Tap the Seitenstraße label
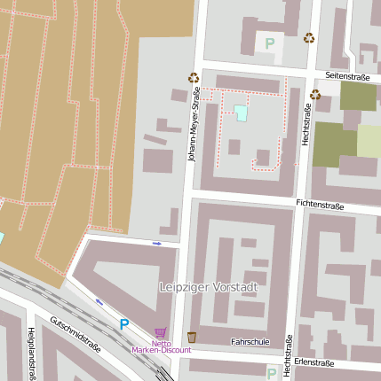[x=346, y=77]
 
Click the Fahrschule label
[x=249, y=341]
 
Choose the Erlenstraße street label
[x=314, y=362]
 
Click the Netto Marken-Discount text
[x=161, y=346]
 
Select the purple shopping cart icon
[x=160, y=332]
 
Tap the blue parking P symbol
[x=124, y=325]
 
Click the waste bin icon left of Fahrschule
[x=192, y=337]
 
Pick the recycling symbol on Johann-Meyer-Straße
[x=194, y=78]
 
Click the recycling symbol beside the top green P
[x=309, y=38]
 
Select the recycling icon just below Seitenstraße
[x=314, y=95]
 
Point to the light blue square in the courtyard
[x=241, y=113]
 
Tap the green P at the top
[x=270, y=43]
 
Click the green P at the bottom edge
[x=271, y=374]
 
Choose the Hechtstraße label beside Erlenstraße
[x=287, y=357]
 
